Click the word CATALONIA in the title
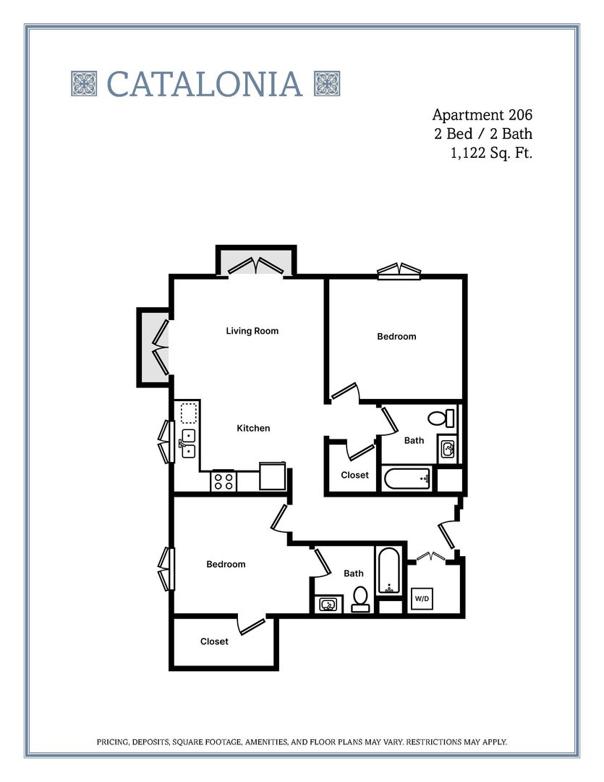pyautogui.click(x=205, y=84)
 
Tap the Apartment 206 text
pyautogui.click(x=482, y=114)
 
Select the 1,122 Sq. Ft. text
pyautogui.click(x=491, y=152)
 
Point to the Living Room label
pyautogui.click(x=252, y=331)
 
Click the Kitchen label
pyautogui.click(x=253, y=428)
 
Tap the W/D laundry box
pyautogui.click(x=422, y=599)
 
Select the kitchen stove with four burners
pyautogui.click(x=224, y=481)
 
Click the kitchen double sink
pyautogui.click(x=188, y=442)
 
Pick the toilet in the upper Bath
pyautogui.click(x=439, y=418)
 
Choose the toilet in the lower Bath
pyautogui.click(x=360, y=598)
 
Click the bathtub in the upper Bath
pyautogui.click(x=407, y=478)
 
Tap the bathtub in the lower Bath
pyautogui.click(x=388, y=571)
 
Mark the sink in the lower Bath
pyautogui.click(x=328, y=603)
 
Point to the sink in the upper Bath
pyautogui.click(x=447, y=450)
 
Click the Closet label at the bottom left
pyautogui.click(x=214, y=642)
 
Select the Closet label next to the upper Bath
pyautogui.click(x=354, y=475)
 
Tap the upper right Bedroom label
pyautogui.click(x=396, y=337)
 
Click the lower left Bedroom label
pyautogui.click(x=226, y=564)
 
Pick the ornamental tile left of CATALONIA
pyautogui.click(x=84, y=83)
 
